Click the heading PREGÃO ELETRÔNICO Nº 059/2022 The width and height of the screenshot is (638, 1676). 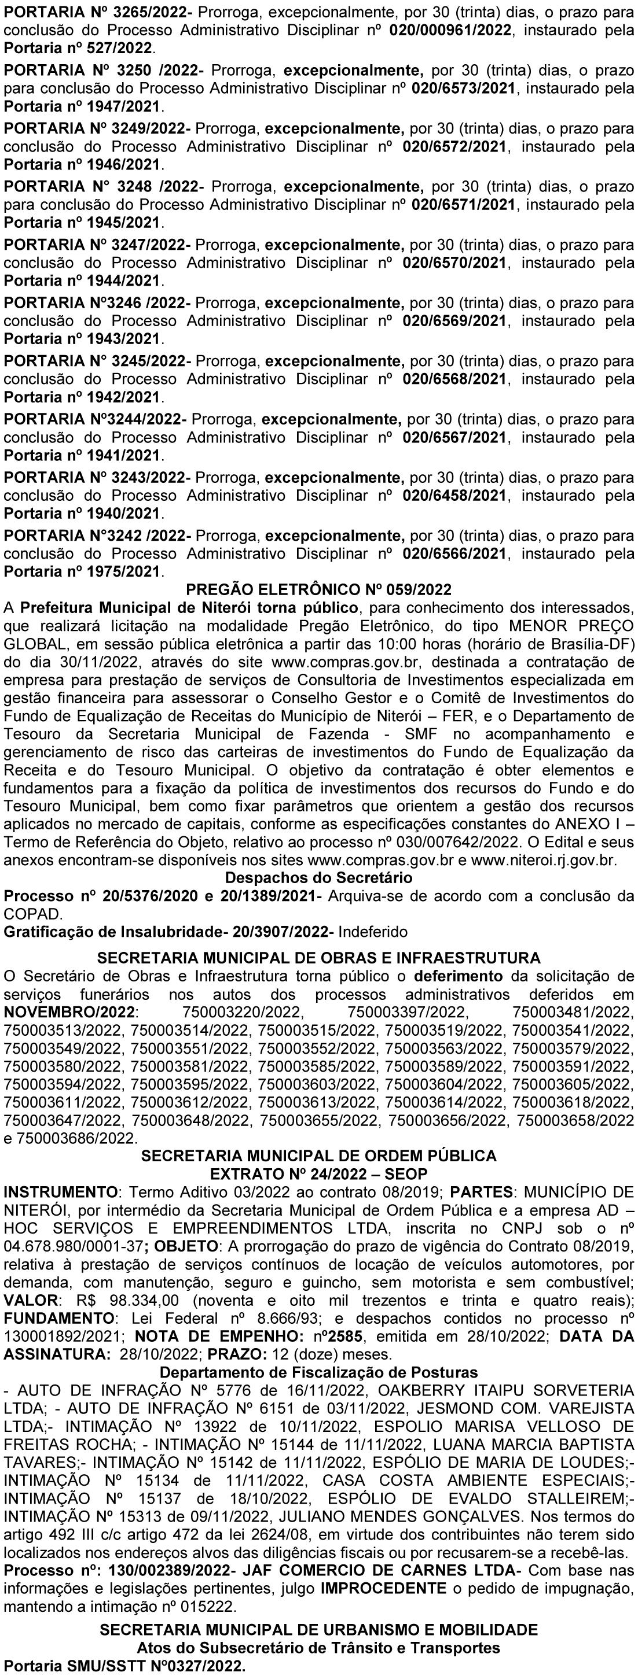click(x=319, y=589)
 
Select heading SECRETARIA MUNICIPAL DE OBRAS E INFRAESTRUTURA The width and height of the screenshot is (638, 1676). click(x=319, y=958)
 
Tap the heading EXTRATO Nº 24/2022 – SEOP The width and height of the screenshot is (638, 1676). click(x=319, y=1174)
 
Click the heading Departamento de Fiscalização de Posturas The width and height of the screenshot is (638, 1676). click(x=319, y=1373)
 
